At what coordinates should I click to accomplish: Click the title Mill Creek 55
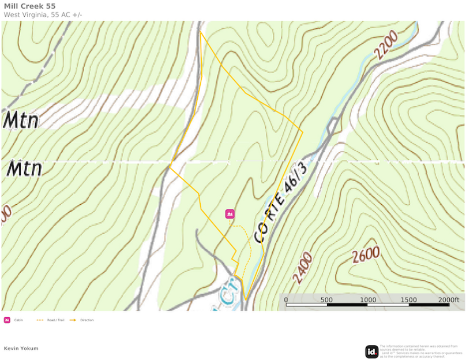(30, 6)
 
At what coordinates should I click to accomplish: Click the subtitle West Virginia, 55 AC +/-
(43, 14)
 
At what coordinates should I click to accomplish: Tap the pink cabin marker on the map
(230, 214)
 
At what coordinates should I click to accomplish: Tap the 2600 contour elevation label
(366, 254)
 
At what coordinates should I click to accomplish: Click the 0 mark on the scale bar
(286, 299)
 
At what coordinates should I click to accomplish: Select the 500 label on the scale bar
(326, 299)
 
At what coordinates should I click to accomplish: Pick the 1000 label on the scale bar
(368, 299)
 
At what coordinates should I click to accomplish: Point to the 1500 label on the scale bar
(408, 299)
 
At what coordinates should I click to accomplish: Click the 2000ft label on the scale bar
(448, 299)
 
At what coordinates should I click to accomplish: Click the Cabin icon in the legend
(7, 320)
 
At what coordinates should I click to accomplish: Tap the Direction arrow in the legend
(73, 320)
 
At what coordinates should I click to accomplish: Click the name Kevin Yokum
(21, 348)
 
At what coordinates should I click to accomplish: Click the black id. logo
(372, 351)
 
